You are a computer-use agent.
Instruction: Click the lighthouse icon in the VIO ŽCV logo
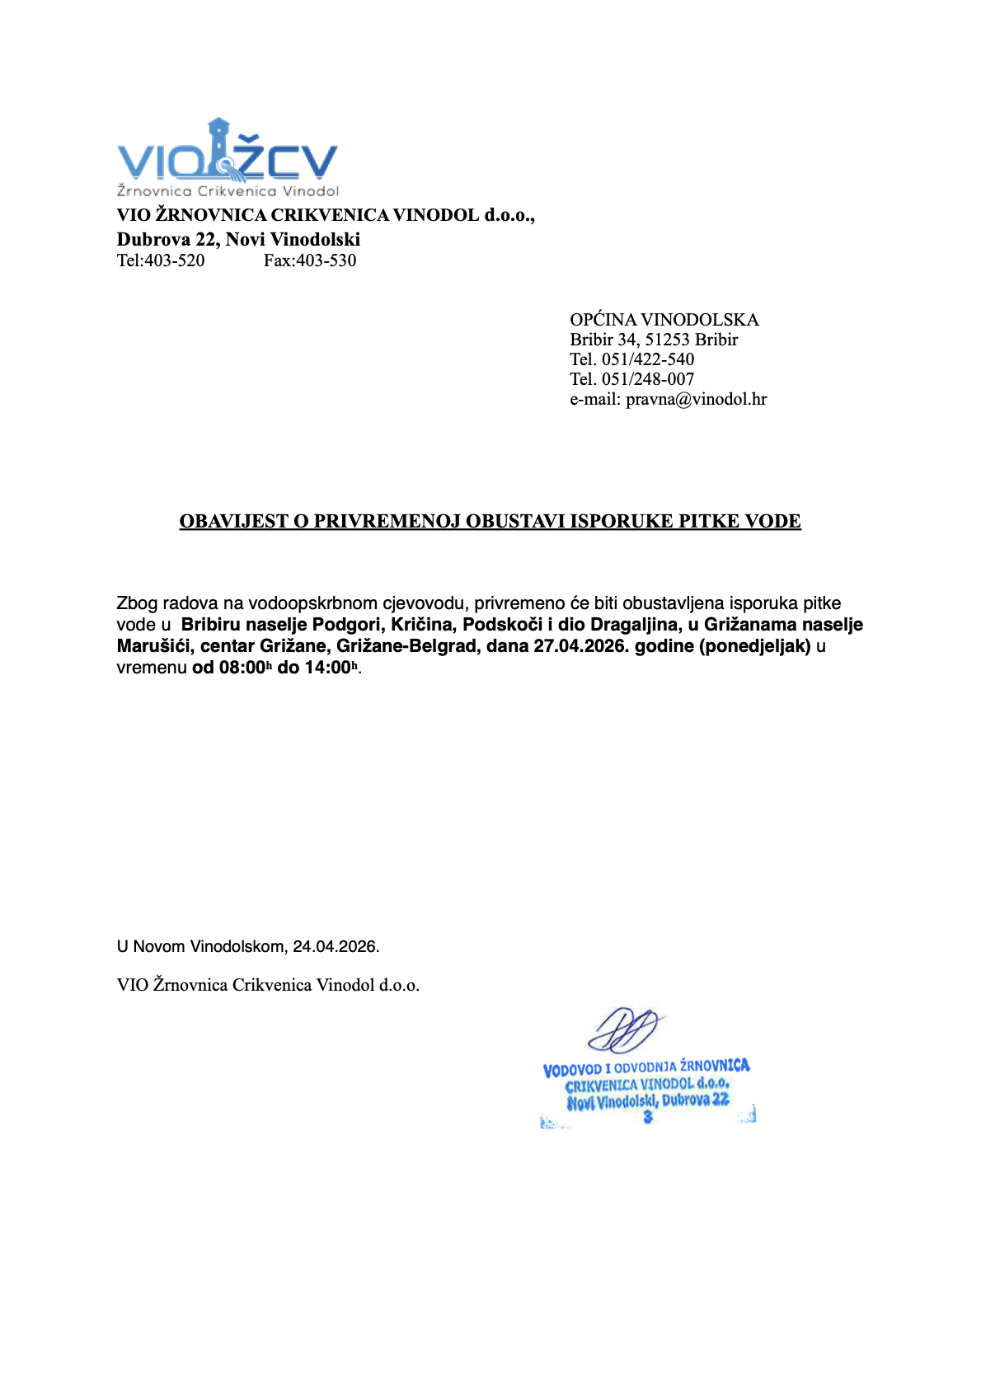220,148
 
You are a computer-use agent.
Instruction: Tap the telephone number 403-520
175,261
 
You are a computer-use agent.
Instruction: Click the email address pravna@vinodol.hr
696,400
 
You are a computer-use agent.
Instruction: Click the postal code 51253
667,340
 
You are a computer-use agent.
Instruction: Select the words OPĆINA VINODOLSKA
664,320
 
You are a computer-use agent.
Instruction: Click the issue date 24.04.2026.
336,947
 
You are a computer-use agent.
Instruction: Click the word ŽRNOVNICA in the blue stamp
715,1066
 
